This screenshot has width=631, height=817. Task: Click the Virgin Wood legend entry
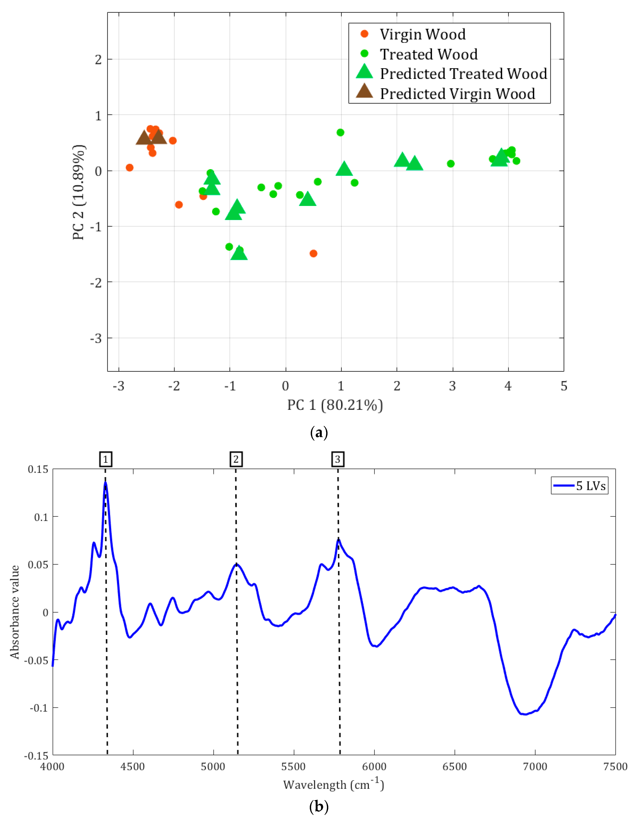coord(422,34)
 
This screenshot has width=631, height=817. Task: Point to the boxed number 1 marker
coord(106,459)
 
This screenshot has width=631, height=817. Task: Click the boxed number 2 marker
coord(236,459)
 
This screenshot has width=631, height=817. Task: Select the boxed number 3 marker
coord(338,459)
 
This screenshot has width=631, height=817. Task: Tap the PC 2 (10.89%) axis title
coord(79,192)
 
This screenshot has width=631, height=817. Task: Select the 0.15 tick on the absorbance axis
coord(38,469)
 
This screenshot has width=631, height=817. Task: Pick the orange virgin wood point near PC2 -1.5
coord(313,254)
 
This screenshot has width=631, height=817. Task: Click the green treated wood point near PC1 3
coord(451,163)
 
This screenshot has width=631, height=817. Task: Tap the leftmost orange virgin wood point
coord(129,168)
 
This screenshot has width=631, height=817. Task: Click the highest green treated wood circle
coord(340,132)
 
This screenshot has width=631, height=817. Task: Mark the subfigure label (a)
coord(319,433)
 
